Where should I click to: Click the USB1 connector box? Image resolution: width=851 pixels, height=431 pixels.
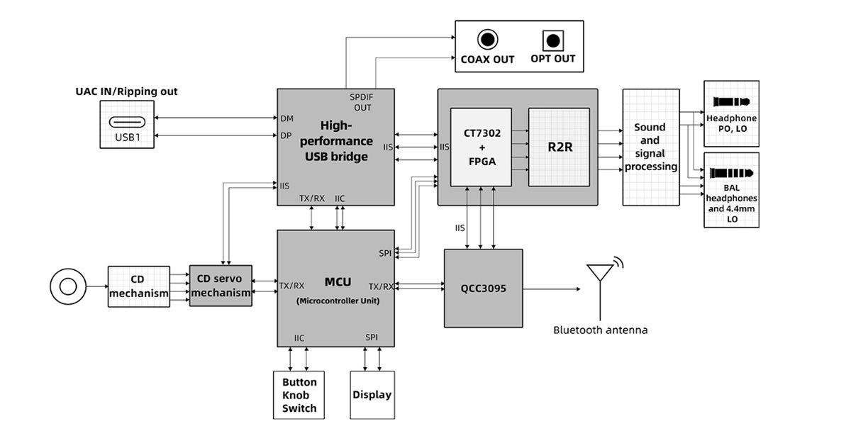pos(126,125)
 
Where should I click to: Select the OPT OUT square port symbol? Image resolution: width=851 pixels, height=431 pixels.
pos(553,39)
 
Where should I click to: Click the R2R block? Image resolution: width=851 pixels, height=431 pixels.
pos(559,147)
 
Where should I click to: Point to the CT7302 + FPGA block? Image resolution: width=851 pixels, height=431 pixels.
pos(481,147)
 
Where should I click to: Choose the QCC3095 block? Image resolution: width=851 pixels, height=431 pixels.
pos(483,288)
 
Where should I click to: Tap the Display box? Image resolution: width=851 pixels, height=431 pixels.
pos(372,395)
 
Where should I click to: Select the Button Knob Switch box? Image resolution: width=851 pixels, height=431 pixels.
pos(299,395)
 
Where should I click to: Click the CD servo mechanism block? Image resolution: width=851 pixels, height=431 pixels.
pos(221,286)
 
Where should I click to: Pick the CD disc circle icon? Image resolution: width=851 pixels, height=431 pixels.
pos(68,286)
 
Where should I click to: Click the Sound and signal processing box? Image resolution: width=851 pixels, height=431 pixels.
pos(650,147)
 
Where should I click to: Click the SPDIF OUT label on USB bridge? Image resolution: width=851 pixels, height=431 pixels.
pos(362,102)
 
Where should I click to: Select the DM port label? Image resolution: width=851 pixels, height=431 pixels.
pos(287,118)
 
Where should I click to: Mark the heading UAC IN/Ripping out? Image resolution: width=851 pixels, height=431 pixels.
pos(126,91)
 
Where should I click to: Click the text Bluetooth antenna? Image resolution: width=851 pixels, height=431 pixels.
pos(600,330)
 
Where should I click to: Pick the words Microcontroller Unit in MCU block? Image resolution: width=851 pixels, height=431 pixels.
pos(337,301)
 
